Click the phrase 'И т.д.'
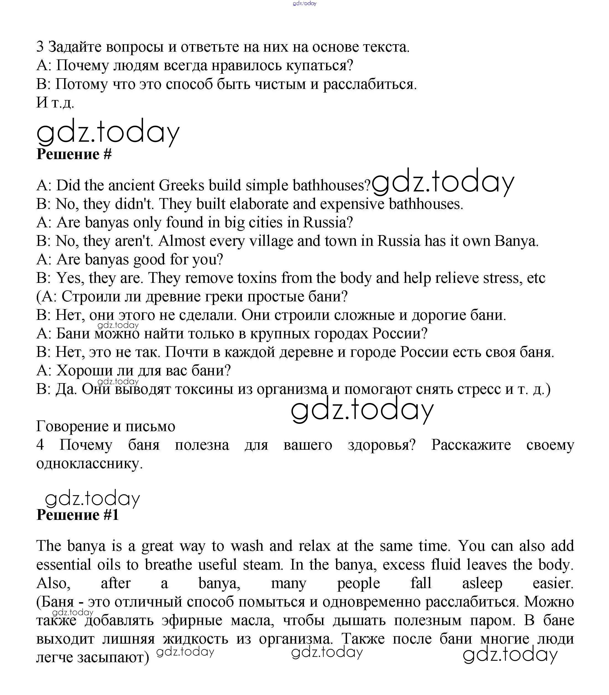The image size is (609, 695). point(55,102)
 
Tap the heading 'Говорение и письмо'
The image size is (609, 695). point(106,426)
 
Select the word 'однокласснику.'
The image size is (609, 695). point(89,463)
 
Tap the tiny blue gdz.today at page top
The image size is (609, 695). point(305,3)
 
